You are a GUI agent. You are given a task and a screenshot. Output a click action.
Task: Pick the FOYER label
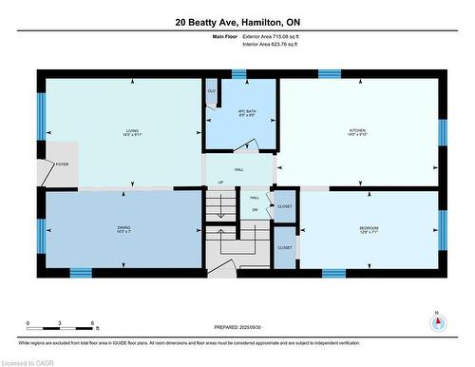pos(62,164)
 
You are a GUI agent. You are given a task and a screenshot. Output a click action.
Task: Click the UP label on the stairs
pos(220,183)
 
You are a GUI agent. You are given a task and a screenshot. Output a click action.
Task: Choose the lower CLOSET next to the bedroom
pos(285,247)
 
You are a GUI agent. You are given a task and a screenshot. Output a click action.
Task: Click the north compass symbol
pos(436,322)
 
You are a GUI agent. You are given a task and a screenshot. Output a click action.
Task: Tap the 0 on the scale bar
pos(28,323)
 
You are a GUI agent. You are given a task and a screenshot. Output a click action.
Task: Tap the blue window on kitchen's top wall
pos(330,73)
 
